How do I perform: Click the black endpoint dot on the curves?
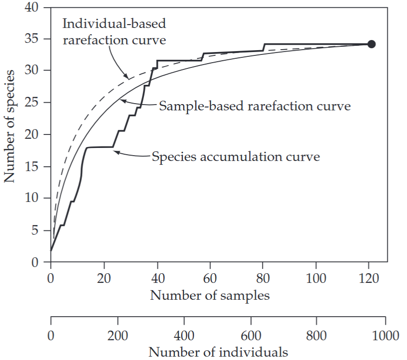[x=371, y=44]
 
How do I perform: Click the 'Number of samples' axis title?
[x=210, y=295]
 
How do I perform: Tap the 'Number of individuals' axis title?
[x=218, y=352]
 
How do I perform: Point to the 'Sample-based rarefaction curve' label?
[x=254, y=106]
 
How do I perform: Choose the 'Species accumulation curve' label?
[x=236, y=157]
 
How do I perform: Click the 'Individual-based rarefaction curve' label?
[x=115, y=31]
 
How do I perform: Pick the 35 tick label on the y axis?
[x=32, y=39]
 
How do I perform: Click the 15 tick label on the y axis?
[x=32, y=167]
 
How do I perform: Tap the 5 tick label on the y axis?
[x=35, y=230]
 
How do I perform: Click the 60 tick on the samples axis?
[x=210, y=278]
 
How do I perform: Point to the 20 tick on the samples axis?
[x=104, y=278]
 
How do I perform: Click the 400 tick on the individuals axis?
[x=183, y=335]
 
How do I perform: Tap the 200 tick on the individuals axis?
[x=117, y=335]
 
